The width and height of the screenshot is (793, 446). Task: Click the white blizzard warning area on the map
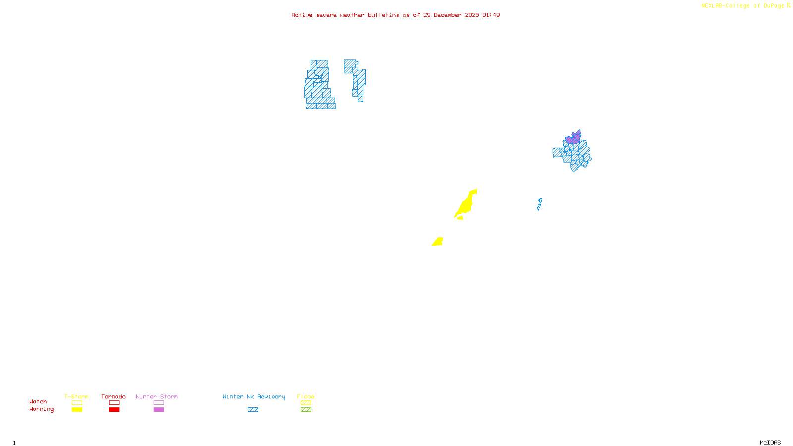341,84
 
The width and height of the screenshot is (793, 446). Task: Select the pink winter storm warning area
573,138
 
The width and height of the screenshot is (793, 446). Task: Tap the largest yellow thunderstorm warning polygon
466,204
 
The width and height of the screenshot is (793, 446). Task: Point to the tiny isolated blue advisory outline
539,204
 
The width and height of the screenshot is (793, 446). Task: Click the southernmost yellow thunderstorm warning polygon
438,242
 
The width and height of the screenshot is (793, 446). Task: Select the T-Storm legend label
76,396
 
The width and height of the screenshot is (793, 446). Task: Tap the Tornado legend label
113,396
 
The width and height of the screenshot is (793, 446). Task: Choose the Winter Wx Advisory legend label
254,396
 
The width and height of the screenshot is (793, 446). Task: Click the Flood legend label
306,396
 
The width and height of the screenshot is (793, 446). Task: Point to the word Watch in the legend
38,401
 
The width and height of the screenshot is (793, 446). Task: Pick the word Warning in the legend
42,409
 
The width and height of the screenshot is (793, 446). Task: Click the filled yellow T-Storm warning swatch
77,410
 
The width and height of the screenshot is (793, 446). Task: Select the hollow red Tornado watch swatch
114,403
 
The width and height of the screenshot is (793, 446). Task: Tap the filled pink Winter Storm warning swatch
159,410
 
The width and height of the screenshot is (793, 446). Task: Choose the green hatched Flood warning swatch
306,410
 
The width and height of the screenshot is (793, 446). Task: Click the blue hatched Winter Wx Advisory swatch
253,410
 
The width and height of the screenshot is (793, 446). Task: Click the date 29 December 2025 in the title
451,15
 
